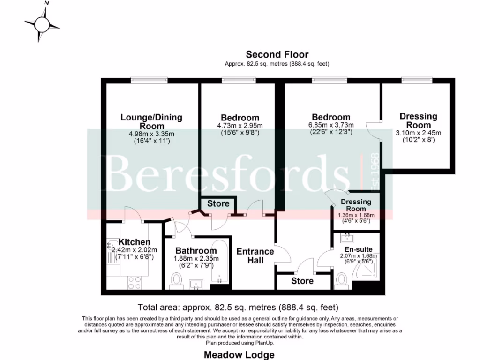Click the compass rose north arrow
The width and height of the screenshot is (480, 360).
pos(43,22)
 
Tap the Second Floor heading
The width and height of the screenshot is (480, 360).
pos(277,55)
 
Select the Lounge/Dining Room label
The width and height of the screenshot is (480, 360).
pos(151,121)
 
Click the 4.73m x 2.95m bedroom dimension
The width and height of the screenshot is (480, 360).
pos(240,126)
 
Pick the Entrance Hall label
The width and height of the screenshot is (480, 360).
pos(255,255)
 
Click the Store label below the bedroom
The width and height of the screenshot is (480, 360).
pos(218,203)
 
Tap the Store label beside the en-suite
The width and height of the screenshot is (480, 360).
pos(302,281)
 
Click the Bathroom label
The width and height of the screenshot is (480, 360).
pos(196,251)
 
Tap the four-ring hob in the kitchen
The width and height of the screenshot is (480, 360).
pos(135,282)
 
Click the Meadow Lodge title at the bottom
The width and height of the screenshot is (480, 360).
pos(239,355)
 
